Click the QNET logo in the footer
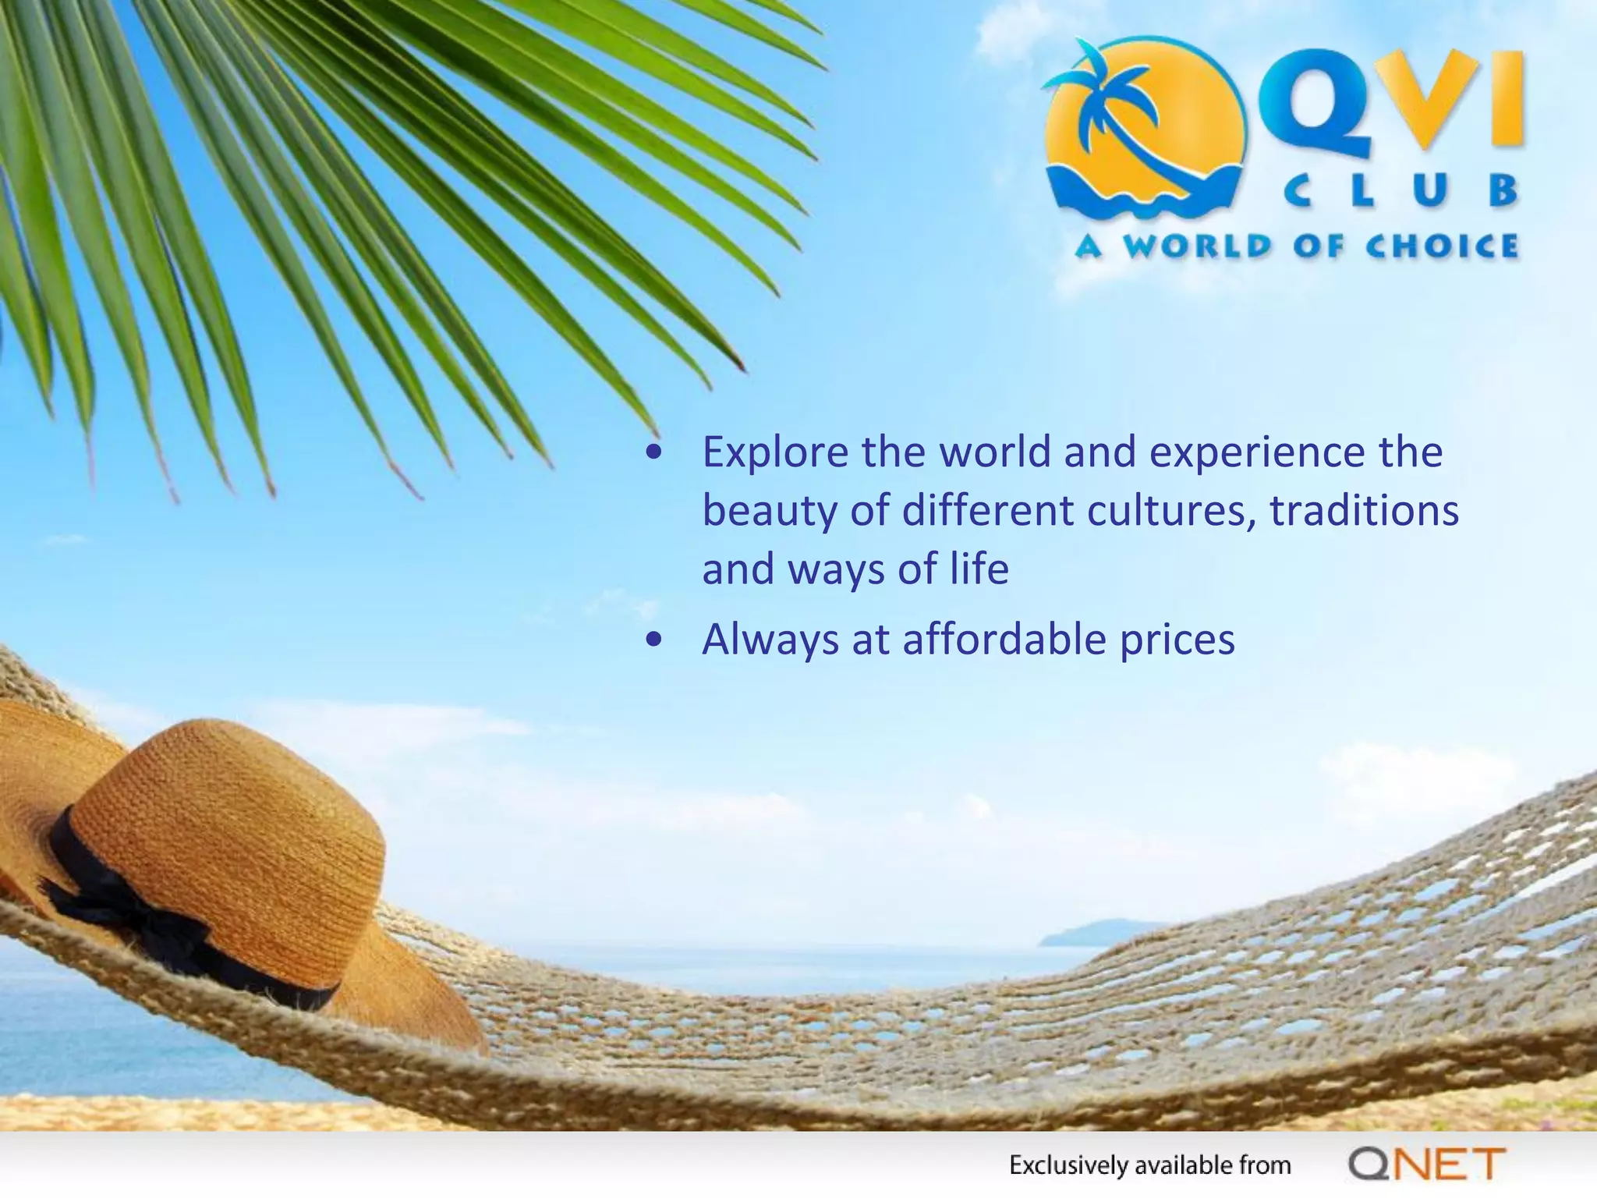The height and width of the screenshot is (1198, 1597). click(1426, 1164)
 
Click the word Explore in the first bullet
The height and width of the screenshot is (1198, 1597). click(775, 452)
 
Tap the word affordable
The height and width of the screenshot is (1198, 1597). click(1005, 640)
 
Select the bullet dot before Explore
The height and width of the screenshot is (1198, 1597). click(654, 452)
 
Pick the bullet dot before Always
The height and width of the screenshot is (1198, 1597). click(654, 640)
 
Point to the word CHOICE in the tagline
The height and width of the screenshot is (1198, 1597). click(1442, 246)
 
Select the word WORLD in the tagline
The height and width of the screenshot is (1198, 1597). click(1198, 246)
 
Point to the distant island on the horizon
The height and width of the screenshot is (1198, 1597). click(1099, 933)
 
